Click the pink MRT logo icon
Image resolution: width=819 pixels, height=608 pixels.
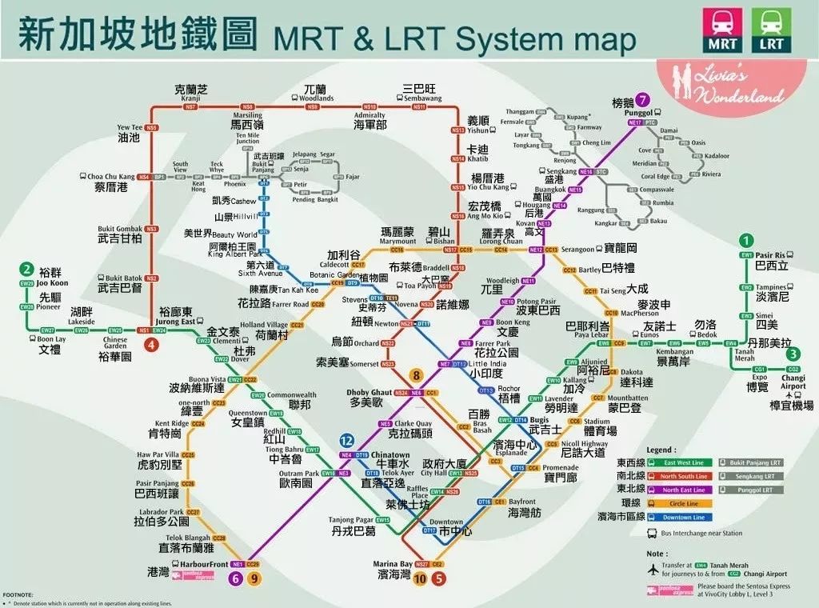pos(721,30)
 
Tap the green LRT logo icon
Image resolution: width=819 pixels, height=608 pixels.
pos(770,30)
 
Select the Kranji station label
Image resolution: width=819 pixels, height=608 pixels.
pos(190,98)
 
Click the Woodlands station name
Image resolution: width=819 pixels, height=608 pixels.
pos(316,98)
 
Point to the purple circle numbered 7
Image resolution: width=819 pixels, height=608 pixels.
pos(643,101)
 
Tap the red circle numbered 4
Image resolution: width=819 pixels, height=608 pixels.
pos(151,346)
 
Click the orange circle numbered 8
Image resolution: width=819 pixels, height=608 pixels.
pos(416,374)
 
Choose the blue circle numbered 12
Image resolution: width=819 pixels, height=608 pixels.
pos(346,441)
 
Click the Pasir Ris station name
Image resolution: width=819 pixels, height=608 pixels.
pos(772,254)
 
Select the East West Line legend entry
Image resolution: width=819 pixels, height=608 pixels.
pos(684,462)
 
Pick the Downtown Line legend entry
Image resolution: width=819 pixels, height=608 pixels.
pos(684,517)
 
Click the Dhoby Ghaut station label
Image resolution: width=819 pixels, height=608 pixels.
pos(370,393)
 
